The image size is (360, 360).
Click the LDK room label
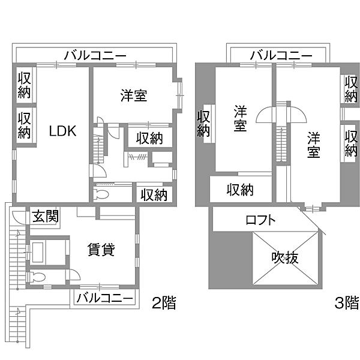click(x=62, y=131)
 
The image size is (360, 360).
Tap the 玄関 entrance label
click(x=46, y=217)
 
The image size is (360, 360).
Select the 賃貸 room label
click(x=101, y=250)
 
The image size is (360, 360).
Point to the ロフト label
click(x=260, y=220)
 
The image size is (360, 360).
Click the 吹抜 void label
click(x=285, y=257)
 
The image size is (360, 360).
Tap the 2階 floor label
click(x=164, y=303)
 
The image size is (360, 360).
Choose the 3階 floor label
click(x=346, y=303)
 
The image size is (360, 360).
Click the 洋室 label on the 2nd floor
click(x=134, y=96)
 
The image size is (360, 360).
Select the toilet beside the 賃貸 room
click(x=36, y=277)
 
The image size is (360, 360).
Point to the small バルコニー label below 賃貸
click(x=105, y=298)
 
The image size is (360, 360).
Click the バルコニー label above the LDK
click(x=95, y=56)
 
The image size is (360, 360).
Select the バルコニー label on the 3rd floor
click(x=281, y=56)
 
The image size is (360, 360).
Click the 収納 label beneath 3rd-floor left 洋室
click(x=240, y=190)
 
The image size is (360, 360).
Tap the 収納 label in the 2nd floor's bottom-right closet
click(x=154, y=195)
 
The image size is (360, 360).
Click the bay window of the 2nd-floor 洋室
click(x=180, y=95)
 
